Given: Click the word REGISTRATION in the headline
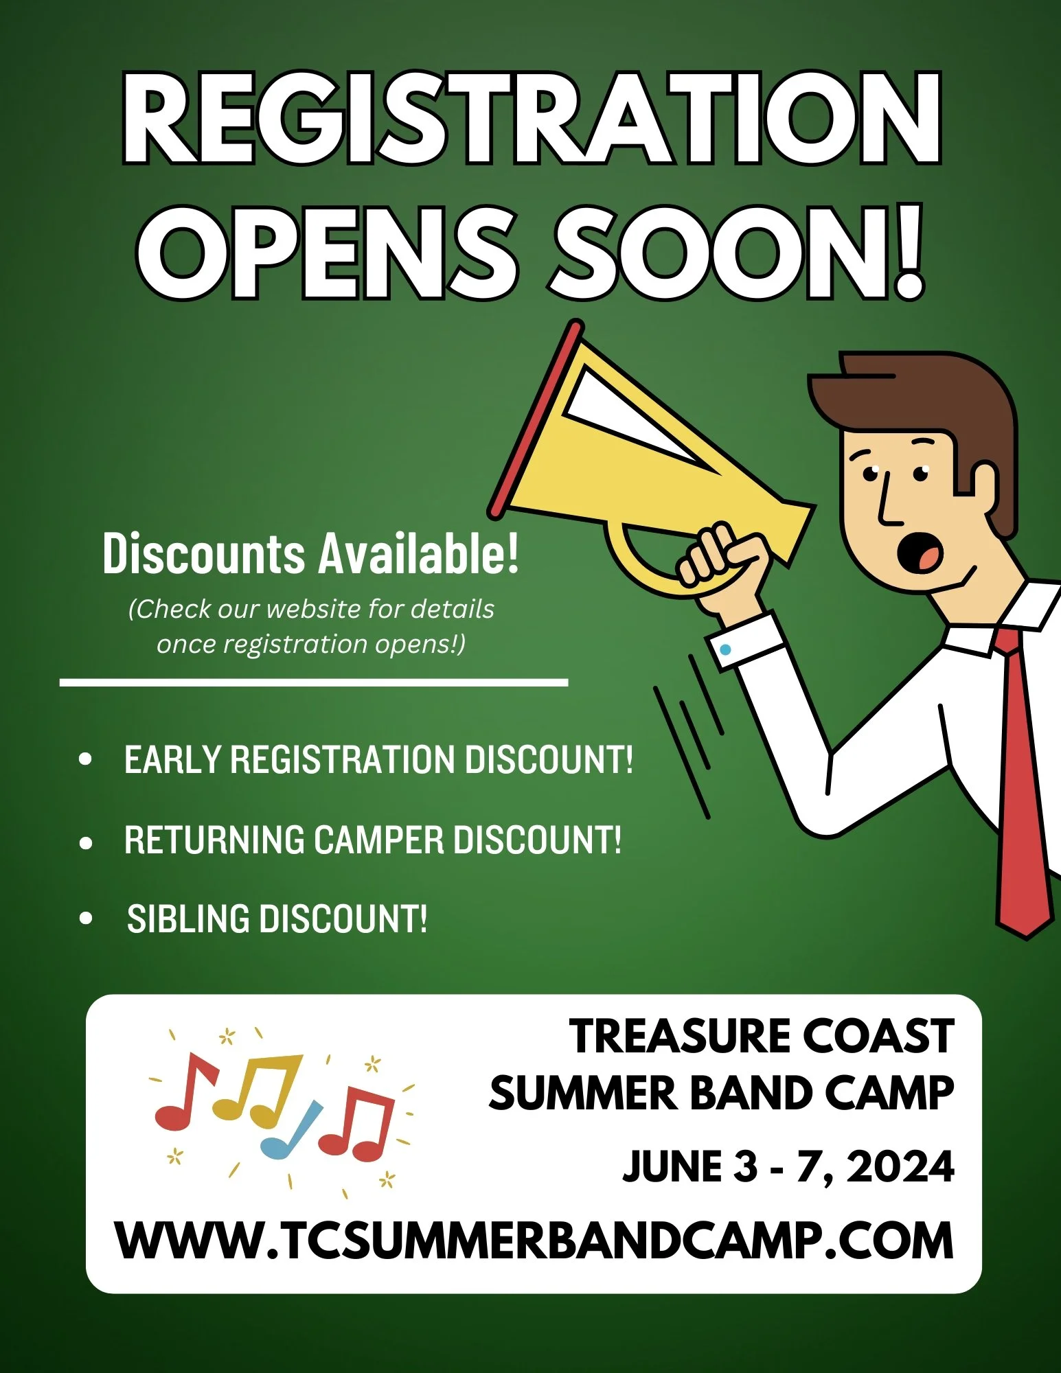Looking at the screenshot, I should coord(530,118).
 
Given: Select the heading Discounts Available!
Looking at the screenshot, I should coord(310,554).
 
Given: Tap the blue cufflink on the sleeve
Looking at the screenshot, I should coord(726,649).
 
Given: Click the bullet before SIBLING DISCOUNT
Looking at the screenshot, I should coord(86,918).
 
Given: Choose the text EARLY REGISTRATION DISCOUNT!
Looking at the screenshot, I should coord(378,760).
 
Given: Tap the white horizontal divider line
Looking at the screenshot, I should coord(314,682).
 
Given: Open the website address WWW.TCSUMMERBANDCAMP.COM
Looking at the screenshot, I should coord(534,1241).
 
